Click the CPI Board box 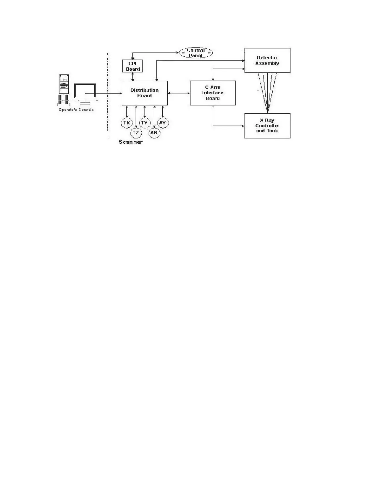[x=132, y=66]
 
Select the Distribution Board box [x=144, y=93]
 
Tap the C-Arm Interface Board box [x=213, y=93]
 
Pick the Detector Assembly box [x=267, y=60]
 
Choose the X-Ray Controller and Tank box [x=267, y=126]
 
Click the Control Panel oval [x=196, y=53]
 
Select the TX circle [x=127, y=123]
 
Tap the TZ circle [x=136, y=133]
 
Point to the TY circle [x=145, y=123]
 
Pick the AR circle [x=154, y=133]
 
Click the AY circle [x=163, y=123]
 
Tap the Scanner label [x=131, y=142]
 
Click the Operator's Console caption [x=76, y=110]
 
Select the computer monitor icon [x=85, y=91]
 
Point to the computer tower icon [x=64, y=84]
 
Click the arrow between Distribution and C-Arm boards [x=179, y=93]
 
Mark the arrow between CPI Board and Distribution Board [x=133, y=77]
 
